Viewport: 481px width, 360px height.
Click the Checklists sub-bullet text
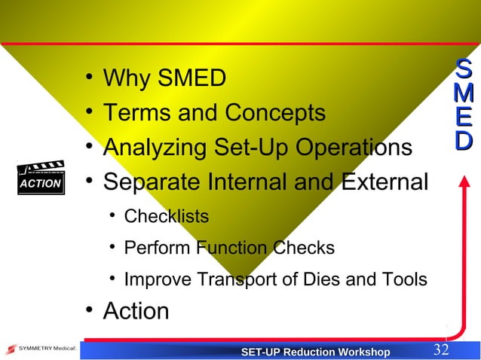[166, 217]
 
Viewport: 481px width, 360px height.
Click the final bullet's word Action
[136, 311]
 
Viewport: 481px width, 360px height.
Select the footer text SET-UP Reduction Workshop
[314, 352]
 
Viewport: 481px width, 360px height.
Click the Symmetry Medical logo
[38, 349]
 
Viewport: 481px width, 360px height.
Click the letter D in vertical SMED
[464, 140]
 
